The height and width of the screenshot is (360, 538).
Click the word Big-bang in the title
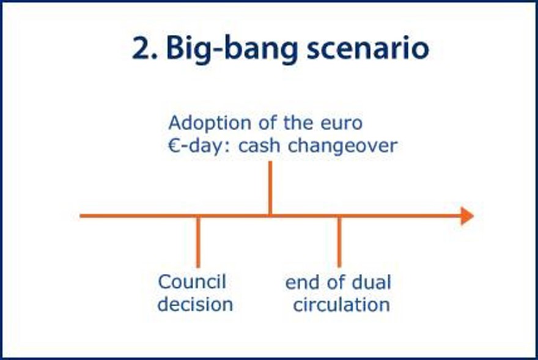(232, 50)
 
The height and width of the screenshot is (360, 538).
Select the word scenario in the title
(368, 48)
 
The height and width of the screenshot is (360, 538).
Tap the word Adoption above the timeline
(210, 123)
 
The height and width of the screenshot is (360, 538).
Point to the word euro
(341, 123)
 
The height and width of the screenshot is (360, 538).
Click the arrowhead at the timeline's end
(467, 216)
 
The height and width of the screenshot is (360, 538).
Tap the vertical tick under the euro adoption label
(270, 188)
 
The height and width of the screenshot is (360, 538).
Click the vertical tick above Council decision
(198, 241)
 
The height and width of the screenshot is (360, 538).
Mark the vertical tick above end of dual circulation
(339, 241)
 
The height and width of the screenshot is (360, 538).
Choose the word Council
(192, 282)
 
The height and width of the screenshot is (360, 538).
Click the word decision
(195, 304)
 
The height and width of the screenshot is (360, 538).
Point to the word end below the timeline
(301, 283)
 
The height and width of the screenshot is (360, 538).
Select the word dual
(372, 282)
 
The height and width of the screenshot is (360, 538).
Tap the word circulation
(341, 305)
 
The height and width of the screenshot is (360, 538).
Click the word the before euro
(298, 123)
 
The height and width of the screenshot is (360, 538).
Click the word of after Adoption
(268, 123)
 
